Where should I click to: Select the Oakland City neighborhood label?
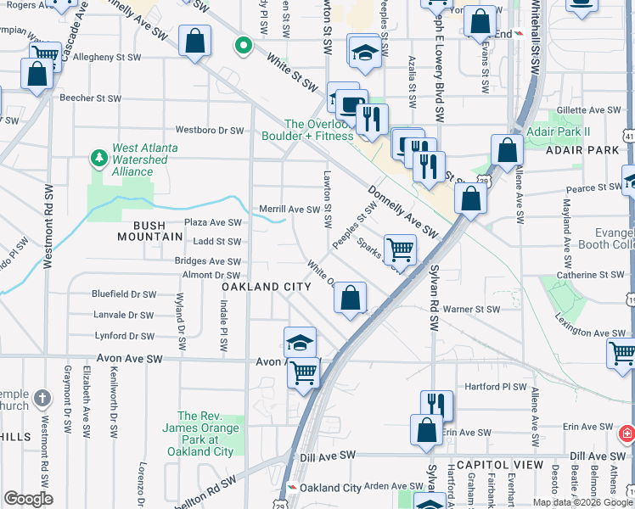click(267, 288)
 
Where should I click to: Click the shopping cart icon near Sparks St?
click(400, 249)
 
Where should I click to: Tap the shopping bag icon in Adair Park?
click(507, 151)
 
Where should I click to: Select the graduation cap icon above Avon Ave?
click(300, 342)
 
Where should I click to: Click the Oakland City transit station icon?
click(292, 488)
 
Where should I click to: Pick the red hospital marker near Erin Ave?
click(627, 434)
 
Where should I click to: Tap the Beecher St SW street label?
click(90, 98)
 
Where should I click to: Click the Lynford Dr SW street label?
click(124, 336)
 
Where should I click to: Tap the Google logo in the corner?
click(28, 499)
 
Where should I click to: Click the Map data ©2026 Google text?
click(582, 502)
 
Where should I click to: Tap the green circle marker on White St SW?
click(244, 45)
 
